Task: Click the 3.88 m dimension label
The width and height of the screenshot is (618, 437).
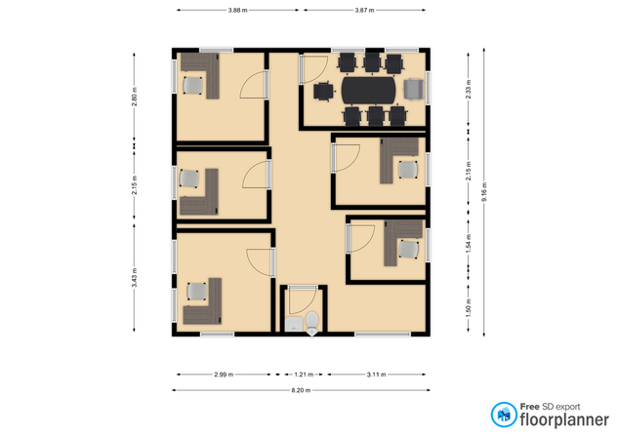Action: click(x=236, y=10)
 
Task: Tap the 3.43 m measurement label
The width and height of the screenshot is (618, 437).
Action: click(x=135, y=280)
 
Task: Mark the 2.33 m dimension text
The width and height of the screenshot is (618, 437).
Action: click(x=470, y=91)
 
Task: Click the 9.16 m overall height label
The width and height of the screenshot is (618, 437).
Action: click(x=485, y=190)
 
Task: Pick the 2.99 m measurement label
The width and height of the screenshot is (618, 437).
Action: click(x=223, y=374)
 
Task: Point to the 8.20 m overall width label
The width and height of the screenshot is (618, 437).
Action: click(x=301, y=390)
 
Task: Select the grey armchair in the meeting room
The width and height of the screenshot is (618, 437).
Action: click(x=414, y=90)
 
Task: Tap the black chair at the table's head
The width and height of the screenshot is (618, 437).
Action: click(x=323, y=92)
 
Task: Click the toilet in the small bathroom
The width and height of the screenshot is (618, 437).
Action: click(x=310, y=324)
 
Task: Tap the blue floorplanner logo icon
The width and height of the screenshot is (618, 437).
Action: click(x=504, y=415)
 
